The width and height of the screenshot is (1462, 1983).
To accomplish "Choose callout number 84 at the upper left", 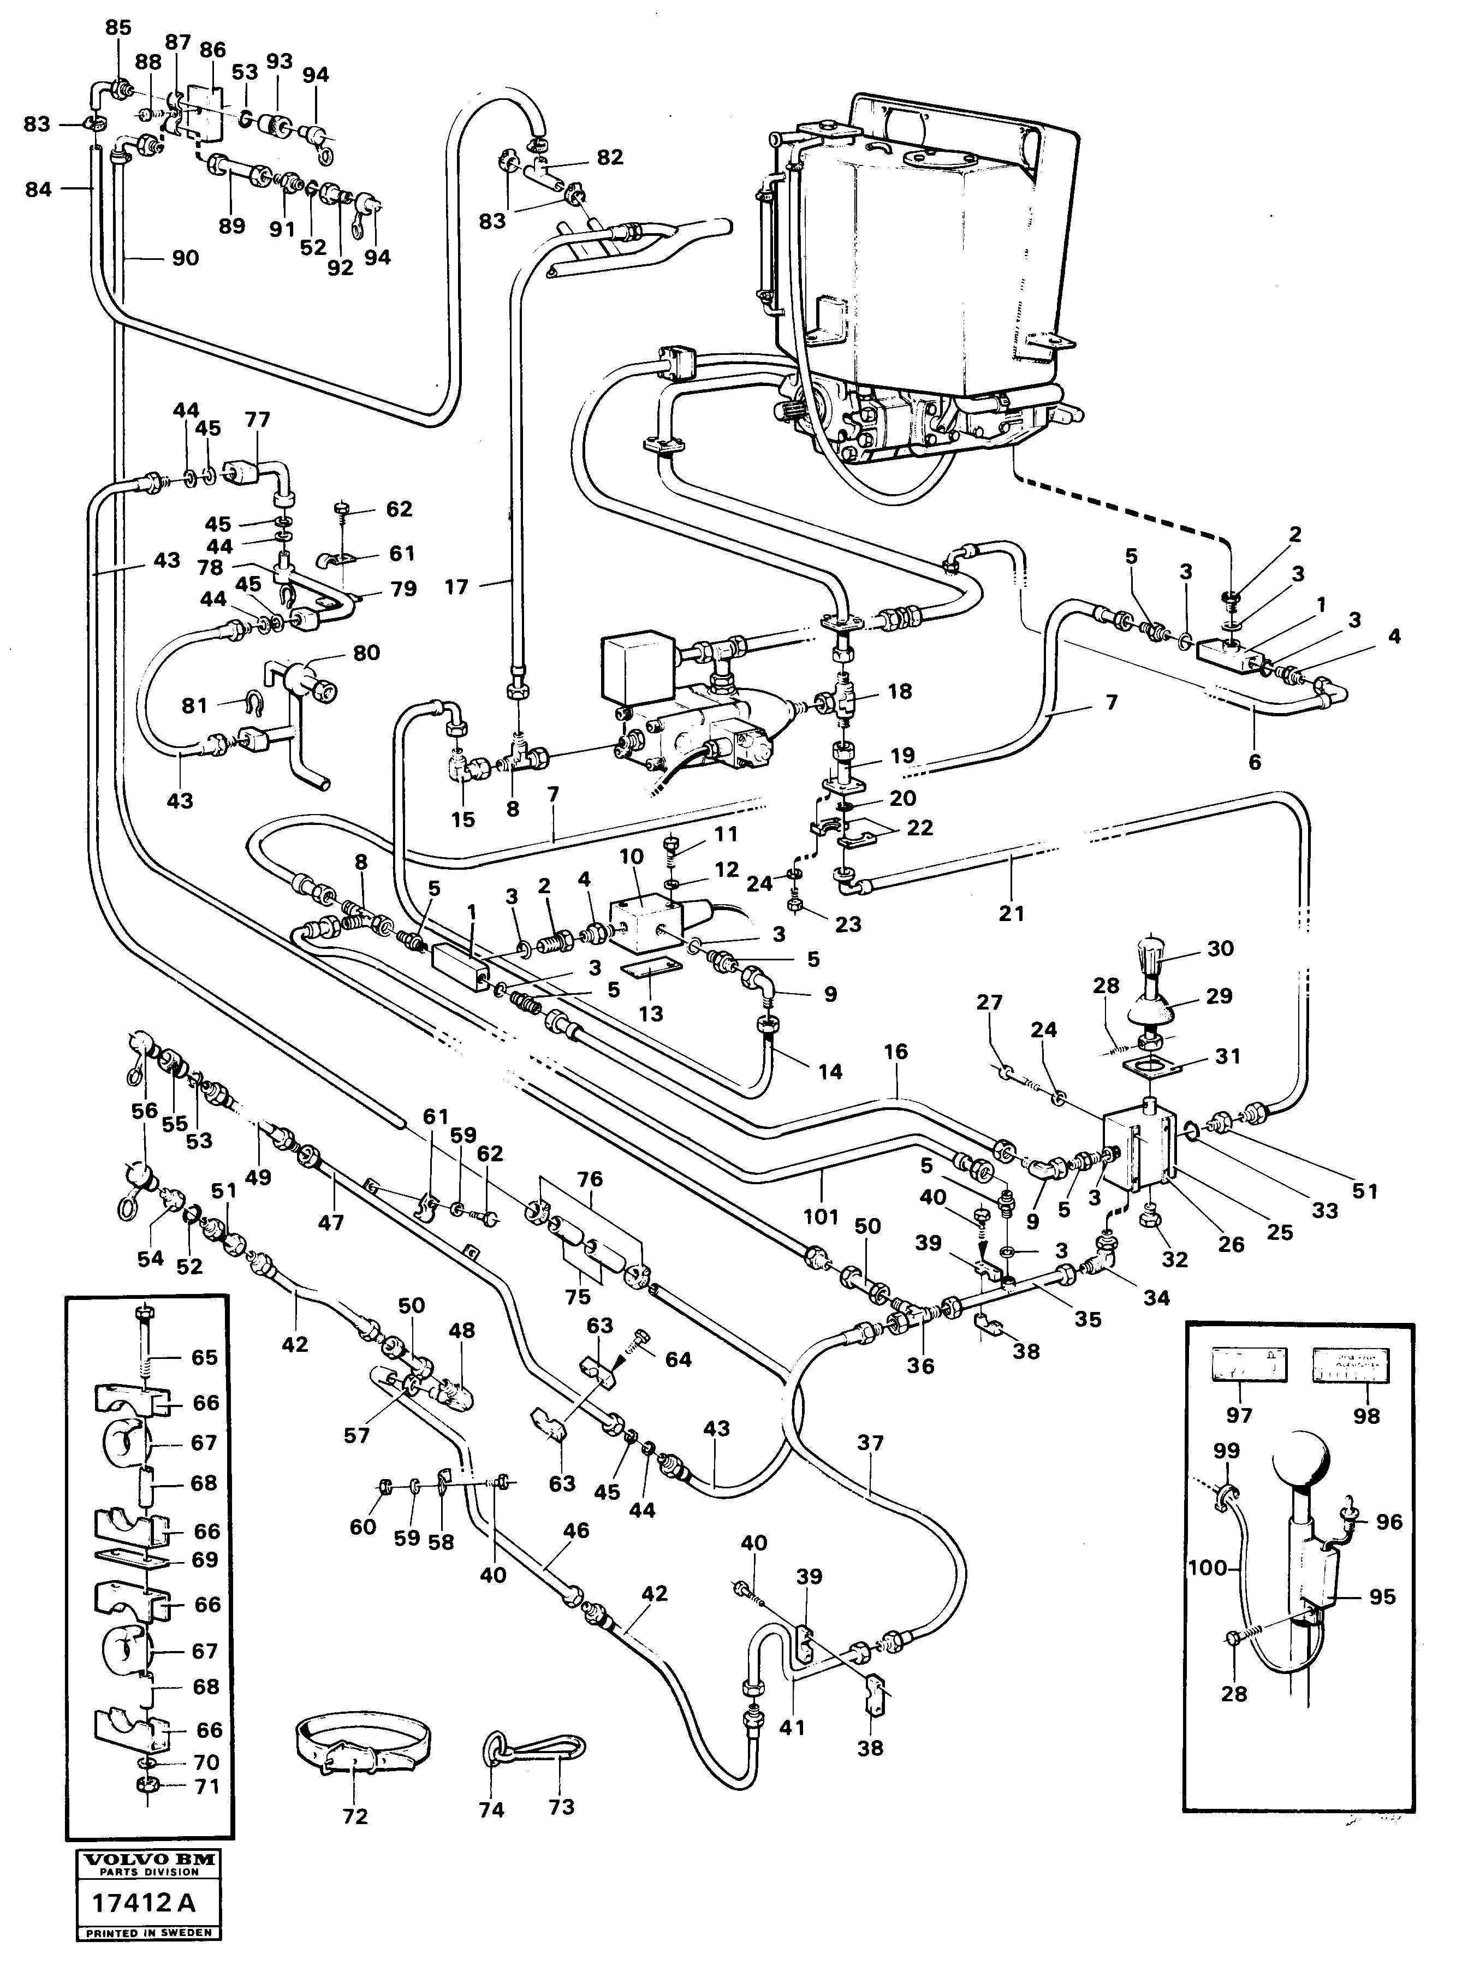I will [39, 188].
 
